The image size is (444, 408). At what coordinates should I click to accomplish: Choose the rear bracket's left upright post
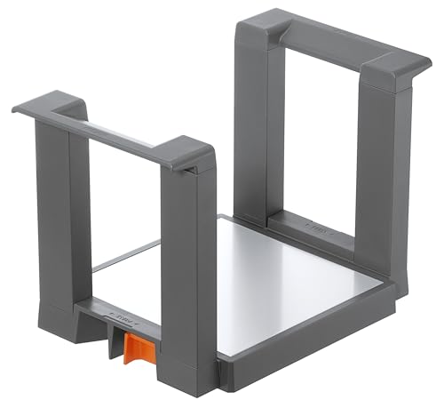point(250,124)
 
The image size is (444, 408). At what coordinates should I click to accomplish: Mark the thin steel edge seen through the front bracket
point(124,255)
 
